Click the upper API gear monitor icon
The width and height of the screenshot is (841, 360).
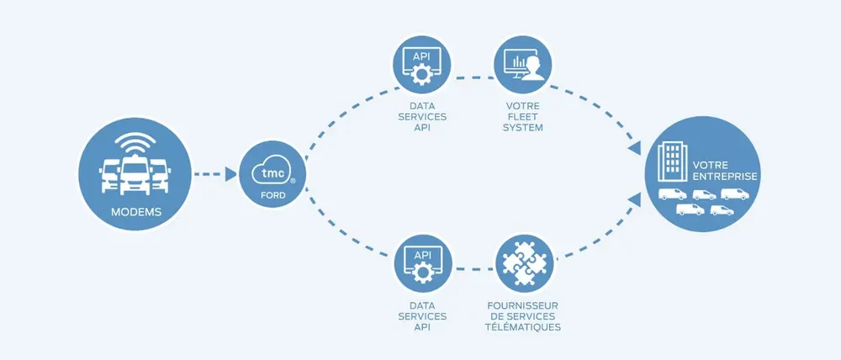pyautogui.click(x=422, y=65)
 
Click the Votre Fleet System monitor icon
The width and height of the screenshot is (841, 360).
pyautogui.click(x=522, y=65)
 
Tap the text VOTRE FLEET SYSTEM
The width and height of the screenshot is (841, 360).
pyautogui.click(x=523, y=118)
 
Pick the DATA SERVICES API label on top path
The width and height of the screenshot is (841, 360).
pyautogui.click(x=422, y=118)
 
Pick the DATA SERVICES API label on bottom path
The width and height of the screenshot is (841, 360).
pyautogui.click(x=422, y=315)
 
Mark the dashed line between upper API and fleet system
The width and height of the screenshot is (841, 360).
pyautogui.click(x=472, y=78)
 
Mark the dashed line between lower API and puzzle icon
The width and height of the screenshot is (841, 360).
pyautogui.click(x=472, y=271)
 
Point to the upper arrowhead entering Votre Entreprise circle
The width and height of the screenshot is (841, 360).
pyautogui.click(x=637, y=148)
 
